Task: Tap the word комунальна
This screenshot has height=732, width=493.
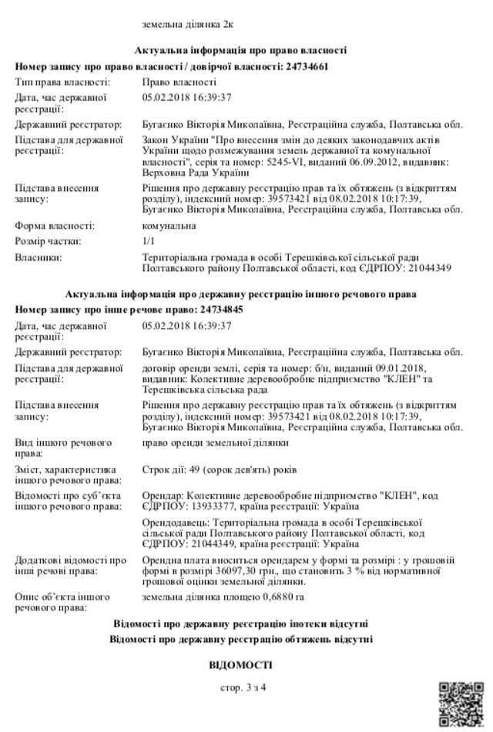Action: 169,226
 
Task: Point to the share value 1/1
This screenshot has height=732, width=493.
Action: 149,242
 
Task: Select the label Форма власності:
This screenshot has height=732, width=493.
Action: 55,226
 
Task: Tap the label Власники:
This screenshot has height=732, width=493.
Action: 39,257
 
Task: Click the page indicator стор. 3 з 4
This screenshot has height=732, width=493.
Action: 242,687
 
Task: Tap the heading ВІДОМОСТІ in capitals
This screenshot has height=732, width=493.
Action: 241,664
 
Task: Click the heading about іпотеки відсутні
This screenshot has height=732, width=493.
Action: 241,622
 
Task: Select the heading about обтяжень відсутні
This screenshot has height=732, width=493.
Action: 241,639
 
